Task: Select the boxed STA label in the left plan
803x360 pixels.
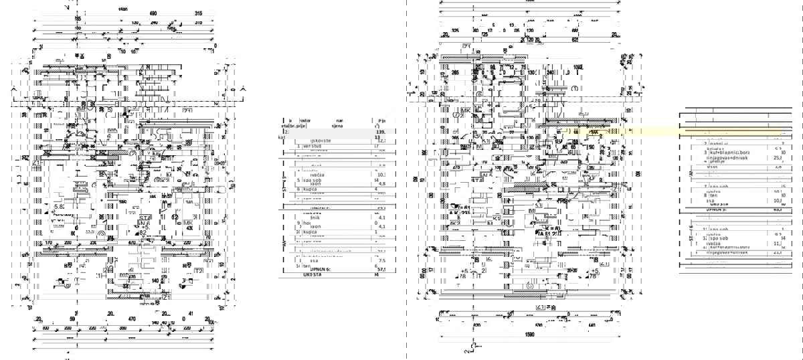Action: tap(144, 217)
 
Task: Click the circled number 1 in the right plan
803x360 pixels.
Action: tap(575, 88)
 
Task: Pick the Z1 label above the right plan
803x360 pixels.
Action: tap(466, 47)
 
